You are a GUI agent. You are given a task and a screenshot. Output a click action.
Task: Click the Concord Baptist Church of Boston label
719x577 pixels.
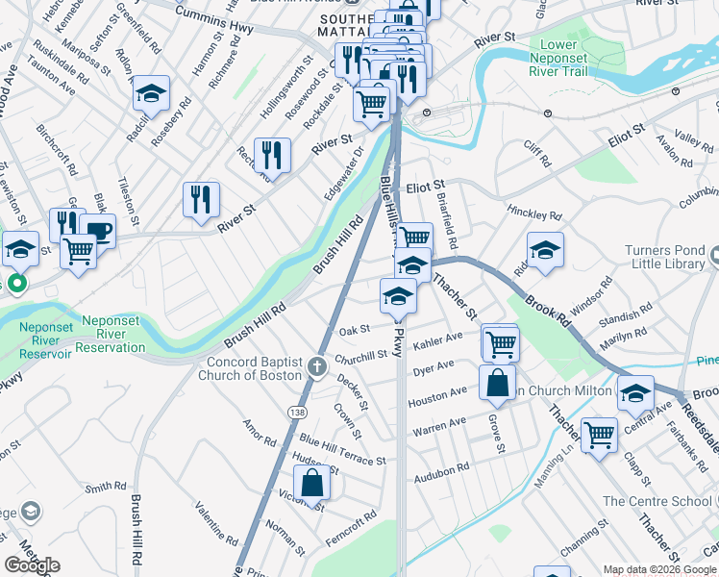[255, 367]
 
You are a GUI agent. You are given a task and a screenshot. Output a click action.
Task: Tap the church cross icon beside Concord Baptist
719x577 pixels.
[318, 366]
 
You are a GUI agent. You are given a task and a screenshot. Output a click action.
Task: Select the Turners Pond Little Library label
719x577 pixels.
[672, 258]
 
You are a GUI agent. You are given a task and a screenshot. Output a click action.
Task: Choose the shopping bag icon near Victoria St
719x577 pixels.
[312, 483]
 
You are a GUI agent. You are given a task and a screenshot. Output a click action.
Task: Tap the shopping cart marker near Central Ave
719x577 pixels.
[599, 434]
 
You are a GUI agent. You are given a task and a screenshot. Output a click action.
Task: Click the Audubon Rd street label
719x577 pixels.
[442, 473]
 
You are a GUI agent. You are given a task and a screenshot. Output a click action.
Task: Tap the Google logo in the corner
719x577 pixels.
[32, 565]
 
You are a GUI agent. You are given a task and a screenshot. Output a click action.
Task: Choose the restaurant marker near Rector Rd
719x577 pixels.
[273, 154]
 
